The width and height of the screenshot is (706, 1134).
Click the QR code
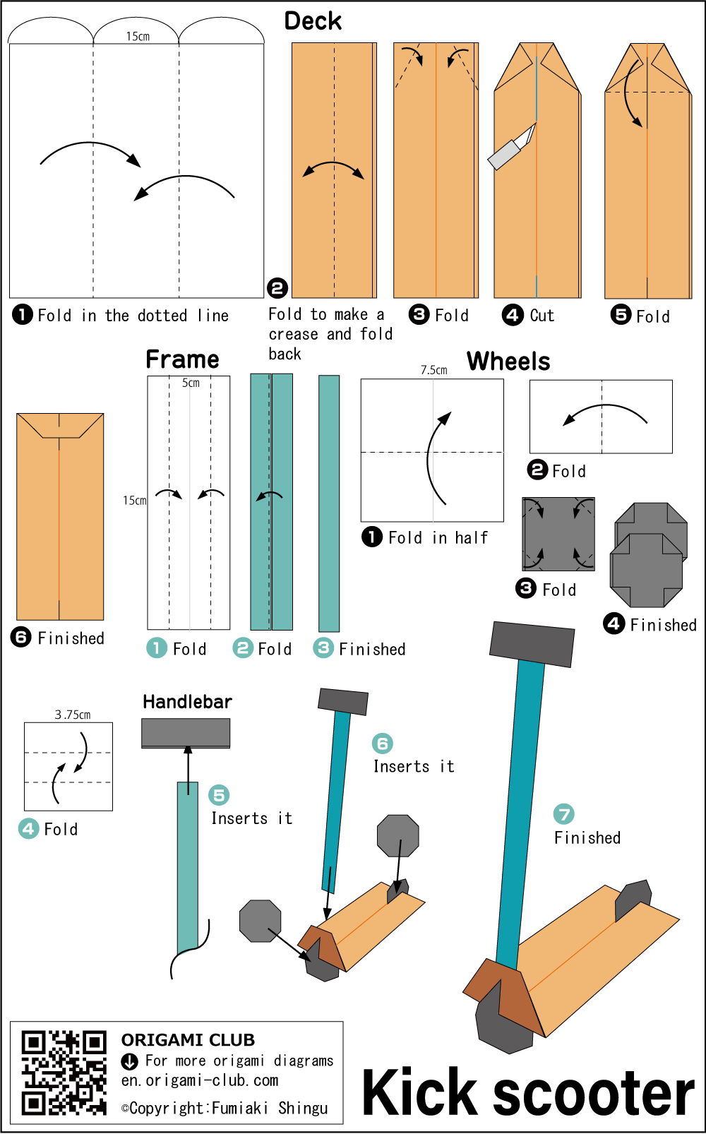coord(64,1072)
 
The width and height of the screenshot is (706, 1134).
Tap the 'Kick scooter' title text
coord(528,1093)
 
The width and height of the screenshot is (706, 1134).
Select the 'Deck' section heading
coord(313,21)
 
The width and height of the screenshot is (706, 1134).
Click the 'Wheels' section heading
coord(508,362)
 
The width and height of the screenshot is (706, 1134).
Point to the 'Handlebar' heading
coord(187,701)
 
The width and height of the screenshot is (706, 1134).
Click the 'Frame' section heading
coord(182,359)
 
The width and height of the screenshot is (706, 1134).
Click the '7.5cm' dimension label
coord(433,370)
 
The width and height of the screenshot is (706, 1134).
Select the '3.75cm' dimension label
coord(73,715)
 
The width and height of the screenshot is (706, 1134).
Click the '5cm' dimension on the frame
coord(191,383)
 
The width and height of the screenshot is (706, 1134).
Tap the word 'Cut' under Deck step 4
coord(542,316)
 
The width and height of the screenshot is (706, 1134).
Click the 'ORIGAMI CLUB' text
coord(188,1039)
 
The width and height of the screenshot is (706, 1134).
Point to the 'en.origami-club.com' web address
coord(200,1080)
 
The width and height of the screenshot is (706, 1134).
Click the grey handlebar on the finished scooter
coord(532,643)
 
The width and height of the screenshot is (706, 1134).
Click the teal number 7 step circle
coord(563,814)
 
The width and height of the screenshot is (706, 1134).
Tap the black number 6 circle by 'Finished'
coord(21,638)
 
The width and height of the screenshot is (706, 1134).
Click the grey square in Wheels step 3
coord(558,534)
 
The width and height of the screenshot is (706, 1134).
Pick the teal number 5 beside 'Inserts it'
coord(219,795)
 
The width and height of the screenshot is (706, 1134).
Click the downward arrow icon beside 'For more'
coord(130,1061)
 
